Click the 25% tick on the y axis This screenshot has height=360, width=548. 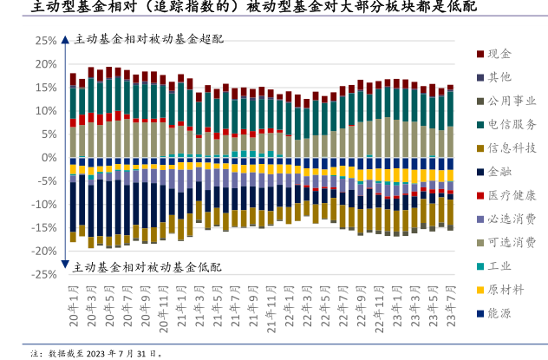coord(46,41)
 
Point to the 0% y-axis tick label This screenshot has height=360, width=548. coord(49,158)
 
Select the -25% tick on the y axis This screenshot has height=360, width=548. coord(44,274)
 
